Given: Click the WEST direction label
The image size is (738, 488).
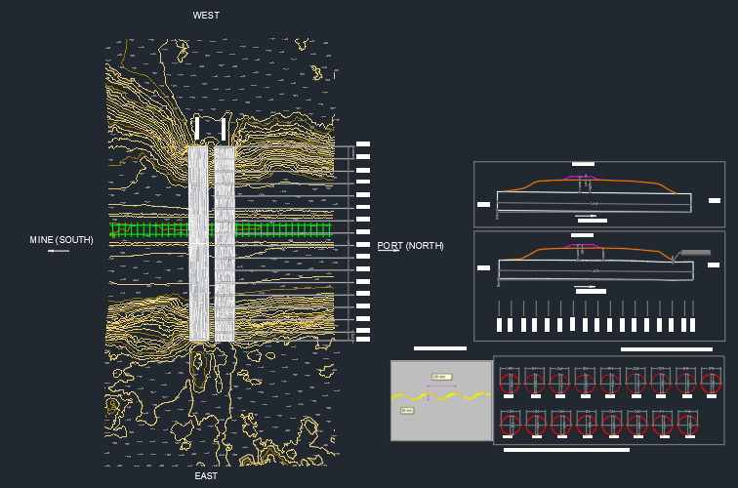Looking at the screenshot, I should tap(206, 16).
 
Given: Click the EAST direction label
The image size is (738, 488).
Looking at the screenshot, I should tap(206, 476).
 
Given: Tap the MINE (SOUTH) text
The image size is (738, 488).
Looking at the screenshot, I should tap(61, 240).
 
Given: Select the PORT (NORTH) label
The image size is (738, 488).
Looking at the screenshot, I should tap(410, 246).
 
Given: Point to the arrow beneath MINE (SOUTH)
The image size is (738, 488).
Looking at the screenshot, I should tap(59, 252).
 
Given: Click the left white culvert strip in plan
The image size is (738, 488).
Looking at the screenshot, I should tap(198, 244).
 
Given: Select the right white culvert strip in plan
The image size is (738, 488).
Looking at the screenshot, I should tap(225, 244).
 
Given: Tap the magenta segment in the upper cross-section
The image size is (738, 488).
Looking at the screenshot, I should tap(582, 177).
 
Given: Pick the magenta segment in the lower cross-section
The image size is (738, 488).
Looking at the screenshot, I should tap(582, 246).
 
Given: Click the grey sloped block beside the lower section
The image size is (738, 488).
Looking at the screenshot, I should tap(695, 253).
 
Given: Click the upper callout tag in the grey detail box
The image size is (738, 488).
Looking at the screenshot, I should tap(441, 377).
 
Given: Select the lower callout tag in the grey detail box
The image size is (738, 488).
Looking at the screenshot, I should tap(407, 411).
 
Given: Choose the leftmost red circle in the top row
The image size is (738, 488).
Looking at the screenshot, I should tap(510, 382).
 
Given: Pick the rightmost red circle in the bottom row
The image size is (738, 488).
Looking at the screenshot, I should tap(688, 424).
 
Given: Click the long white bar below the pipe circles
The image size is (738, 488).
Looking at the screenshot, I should tap(566, 450).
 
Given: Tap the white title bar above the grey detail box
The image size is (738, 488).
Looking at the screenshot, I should tap(440, 347).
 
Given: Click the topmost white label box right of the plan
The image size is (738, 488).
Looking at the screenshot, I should tap(363, 144).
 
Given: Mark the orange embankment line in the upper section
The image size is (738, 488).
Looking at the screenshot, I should tap(532, 183).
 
